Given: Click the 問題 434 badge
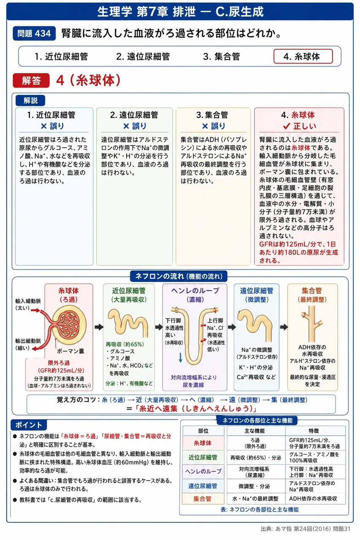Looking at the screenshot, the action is click(x=34, y=33).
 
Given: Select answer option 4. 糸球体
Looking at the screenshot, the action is click(x=303, y=57).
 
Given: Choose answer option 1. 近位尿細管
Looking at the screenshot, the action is click(x=61, y=57).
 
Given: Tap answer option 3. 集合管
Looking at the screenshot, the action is click(x=221, y=57).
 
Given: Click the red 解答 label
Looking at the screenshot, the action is click(x=31, y=80).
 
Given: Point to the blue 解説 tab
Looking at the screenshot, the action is click(x=30, y=100).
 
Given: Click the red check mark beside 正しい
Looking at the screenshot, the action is click(x=287, y=126).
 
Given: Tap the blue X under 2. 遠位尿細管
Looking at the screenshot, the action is click(x=126, y=126).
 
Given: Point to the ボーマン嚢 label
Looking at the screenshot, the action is click(x=70, y=351).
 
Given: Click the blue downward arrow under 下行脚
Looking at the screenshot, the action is click(x=180, y=357).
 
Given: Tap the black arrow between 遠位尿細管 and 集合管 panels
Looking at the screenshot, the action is click(x=284, y=327).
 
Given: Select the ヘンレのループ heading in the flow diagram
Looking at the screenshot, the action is click(x=195, y=291).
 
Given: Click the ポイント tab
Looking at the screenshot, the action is click(x=29, y=425).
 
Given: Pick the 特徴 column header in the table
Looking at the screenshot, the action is click(x=314, y=431).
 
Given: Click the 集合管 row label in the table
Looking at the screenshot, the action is click(x=203, y=499).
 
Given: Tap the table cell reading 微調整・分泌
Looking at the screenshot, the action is click(x=254, y=486).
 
